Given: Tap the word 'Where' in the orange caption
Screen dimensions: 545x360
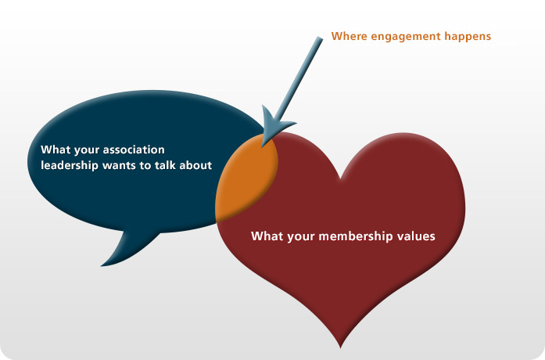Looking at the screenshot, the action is point(349,36).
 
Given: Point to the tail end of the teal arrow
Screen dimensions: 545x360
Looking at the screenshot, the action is point(320,38).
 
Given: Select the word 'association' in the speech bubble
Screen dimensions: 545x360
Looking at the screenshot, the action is point(134,149).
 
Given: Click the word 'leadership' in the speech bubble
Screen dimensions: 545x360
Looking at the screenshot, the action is point(70,165).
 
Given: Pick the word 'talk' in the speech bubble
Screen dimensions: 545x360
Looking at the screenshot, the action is point(166,165).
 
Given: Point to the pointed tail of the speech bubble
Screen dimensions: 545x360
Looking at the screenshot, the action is point(101,266).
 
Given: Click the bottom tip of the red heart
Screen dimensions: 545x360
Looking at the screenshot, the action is point(340,347).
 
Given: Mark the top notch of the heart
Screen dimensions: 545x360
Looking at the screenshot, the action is point(340,178).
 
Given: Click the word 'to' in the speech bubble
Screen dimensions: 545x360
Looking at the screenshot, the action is point(145,166).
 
